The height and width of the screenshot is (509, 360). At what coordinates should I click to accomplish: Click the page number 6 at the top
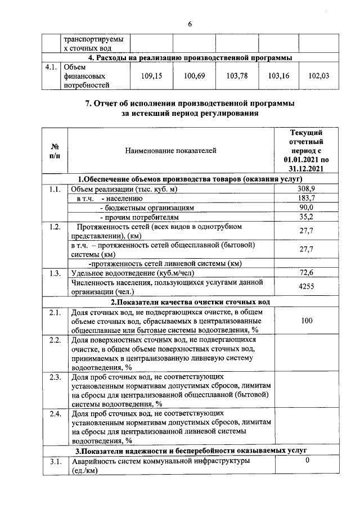coord(190,24)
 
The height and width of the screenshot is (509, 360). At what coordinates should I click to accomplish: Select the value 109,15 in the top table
coord(151,75)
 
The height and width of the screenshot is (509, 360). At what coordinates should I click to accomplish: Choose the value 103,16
coord(278,75)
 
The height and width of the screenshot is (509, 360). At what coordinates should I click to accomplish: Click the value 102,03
coord(319,75)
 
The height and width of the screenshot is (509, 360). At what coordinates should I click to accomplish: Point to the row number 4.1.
coord(52,66)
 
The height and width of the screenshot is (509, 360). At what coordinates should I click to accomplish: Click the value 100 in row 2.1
coord(307,321)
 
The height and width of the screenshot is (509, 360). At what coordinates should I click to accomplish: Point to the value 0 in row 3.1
coord(307,461)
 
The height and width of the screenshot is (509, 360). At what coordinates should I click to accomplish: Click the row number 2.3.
coord(55,376)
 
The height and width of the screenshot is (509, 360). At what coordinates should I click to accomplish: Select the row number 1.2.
coord(55,227)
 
